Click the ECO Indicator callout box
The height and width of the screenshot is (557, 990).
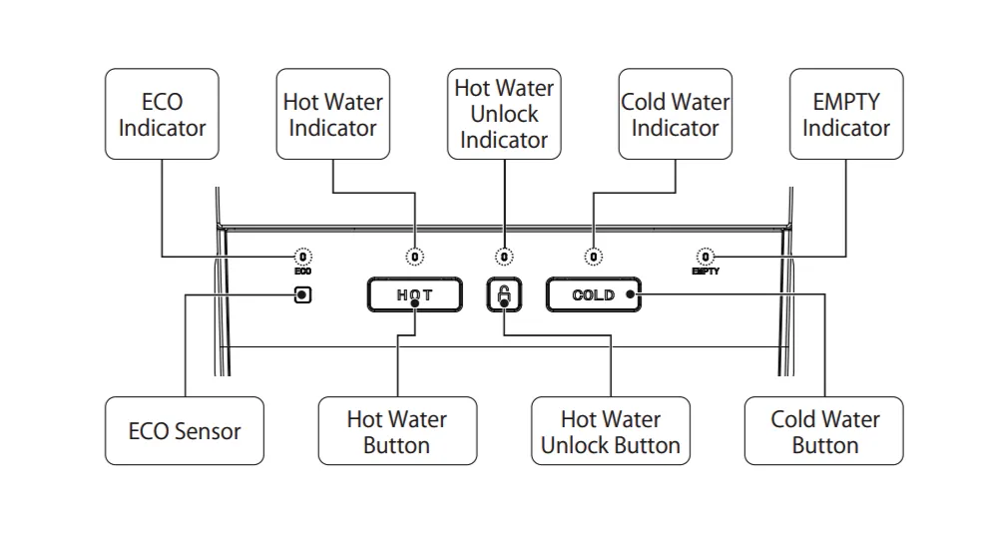coord(162,114)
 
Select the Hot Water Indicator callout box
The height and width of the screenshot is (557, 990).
coord(332,114)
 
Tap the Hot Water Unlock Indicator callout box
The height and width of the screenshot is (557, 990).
coord(504,114)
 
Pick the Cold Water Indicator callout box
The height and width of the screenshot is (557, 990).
coord(675,114)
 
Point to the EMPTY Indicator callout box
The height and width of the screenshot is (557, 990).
coord(846,114)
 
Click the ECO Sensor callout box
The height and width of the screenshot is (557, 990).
coord(185,431)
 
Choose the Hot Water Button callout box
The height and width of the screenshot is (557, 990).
coord(396,431)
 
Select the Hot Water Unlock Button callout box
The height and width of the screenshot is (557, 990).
coord(610,431)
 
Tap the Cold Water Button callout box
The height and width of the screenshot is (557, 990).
coord(824,431)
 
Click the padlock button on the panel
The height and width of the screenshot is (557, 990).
coord(505,294)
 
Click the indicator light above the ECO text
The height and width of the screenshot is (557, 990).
coord(303,257)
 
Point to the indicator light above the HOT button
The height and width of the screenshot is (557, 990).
coord(415,257)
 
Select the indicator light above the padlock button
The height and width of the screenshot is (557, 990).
coord(505,257)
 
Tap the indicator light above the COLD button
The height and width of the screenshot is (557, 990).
coord(594,257)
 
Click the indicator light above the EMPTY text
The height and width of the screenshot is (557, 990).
coord(707,257)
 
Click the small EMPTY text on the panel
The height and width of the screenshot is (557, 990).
coord(707,271)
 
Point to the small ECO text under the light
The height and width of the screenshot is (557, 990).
coord(303,271)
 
